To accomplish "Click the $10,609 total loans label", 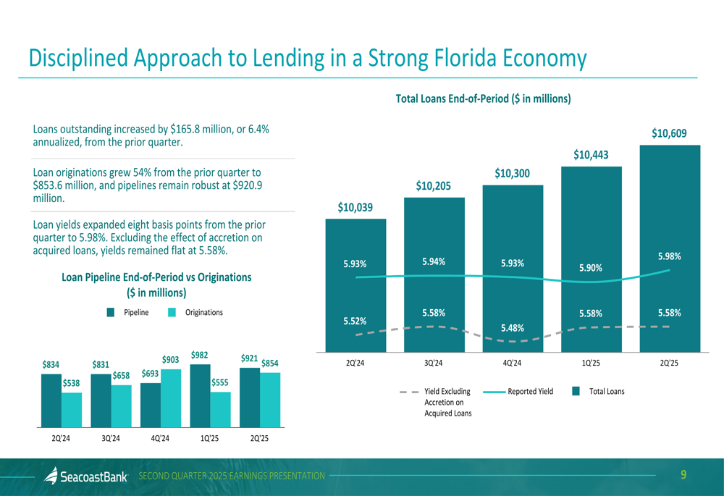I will (x=668, y=133).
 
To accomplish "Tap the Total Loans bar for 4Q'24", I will (x=513, y=290).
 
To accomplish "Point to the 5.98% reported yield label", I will (x=669, y=256).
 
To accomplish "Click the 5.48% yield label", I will (x=513, y=329).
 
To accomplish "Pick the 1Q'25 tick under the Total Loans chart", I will (x=591, y=363).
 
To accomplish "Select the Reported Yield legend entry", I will (x=530, y=392).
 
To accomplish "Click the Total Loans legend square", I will (x=576, y=392).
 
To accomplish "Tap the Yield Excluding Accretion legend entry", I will (x=447, y=392).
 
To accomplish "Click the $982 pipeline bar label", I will (x=201, y=355).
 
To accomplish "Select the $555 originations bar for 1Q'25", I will (x=220, y=410).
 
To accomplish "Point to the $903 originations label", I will (x=170, y=360).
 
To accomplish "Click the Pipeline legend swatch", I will (x=111, y=313).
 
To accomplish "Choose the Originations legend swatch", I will (x=172, y=313).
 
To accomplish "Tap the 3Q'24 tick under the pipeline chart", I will (x=111, y=438).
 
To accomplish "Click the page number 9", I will (x=683, y=475).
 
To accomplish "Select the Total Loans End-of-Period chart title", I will (x=483, y=98).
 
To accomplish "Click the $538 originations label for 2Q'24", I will (x=71, y=383).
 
